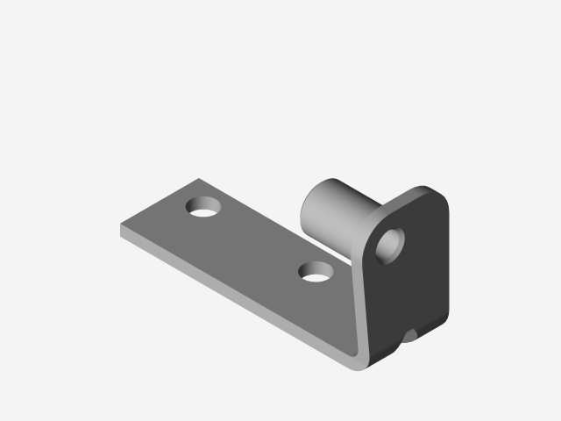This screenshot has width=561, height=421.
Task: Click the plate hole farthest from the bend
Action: tap(205, 209)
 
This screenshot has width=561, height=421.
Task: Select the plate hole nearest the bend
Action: tap(316, 273)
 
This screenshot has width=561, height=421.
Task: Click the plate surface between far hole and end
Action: tap(162, 219)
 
